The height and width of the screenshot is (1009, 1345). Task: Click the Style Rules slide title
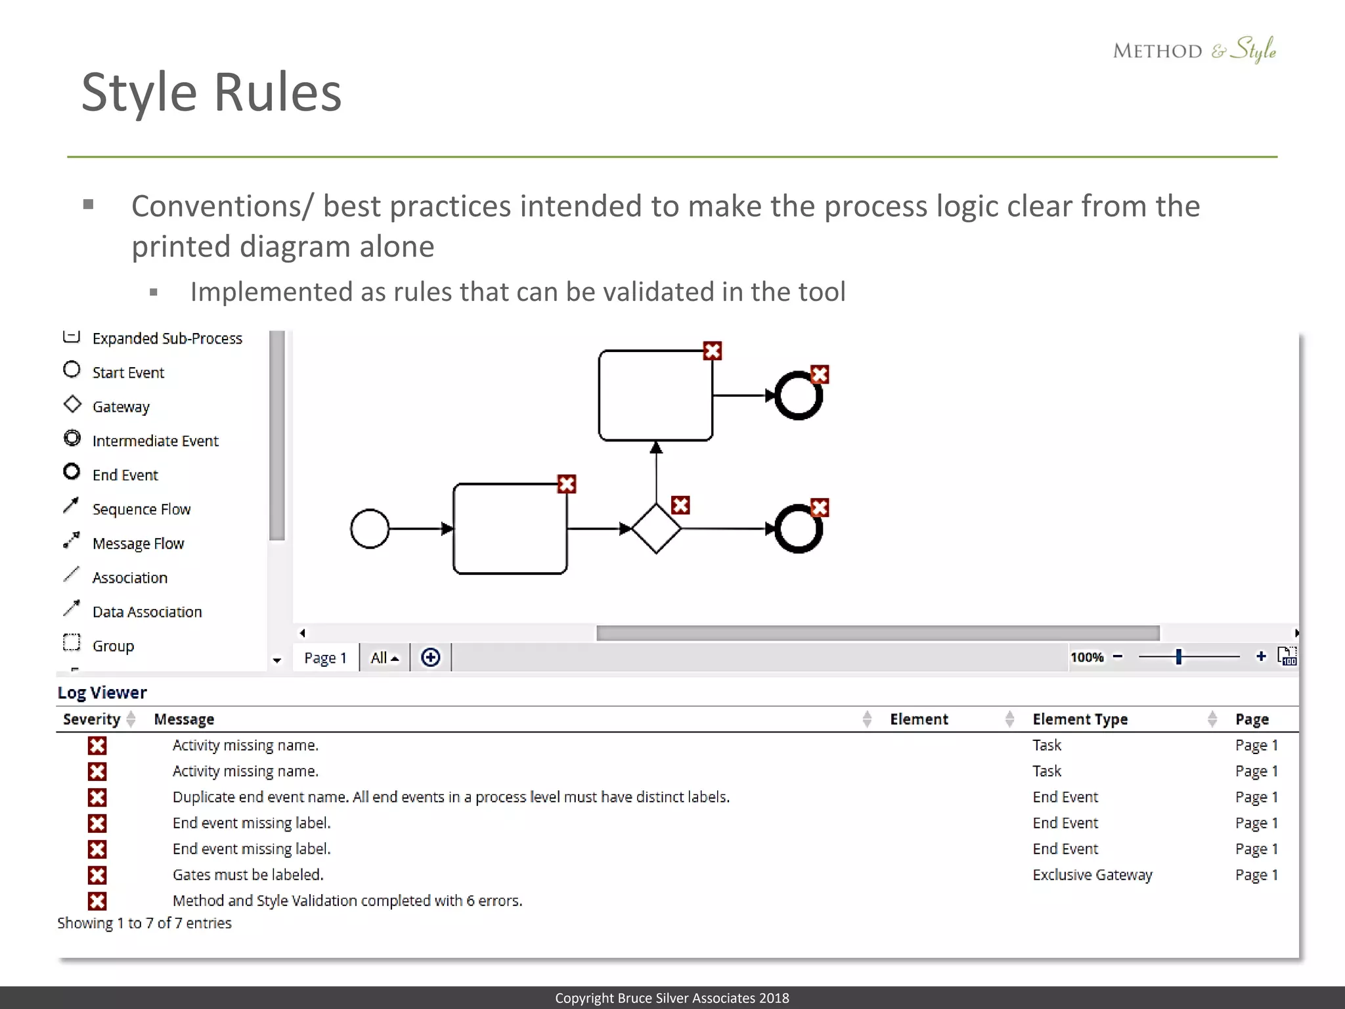(x=211, y=93)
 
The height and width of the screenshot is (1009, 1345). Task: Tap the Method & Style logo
(x=1194, y=50)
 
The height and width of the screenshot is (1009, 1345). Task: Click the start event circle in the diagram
(x=370, y=529)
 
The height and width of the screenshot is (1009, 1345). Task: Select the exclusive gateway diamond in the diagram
(x=656, y=529)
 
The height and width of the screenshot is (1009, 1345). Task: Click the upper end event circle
(x=799, y=396)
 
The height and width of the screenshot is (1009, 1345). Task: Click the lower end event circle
(x=799, y=529)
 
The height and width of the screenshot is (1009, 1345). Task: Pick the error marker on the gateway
(x=680, y=505)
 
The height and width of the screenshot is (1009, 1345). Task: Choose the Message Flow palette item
(x=138, y=544)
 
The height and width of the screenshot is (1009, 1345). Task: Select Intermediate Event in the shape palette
(x=155, y=441)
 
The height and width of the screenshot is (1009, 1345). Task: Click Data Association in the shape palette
(x=147, y=612)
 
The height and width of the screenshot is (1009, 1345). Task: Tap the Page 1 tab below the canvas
(x=325, y=658)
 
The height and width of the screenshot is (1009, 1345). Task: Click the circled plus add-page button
(x=431, y=658)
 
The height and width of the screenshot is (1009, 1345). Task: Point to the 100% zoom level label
(x=1087, y=657)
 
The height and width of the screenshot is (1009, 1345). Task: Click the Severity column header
(x=92, y=719)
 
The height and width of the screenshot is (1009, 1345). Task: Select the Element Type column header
(x=1080, y=719)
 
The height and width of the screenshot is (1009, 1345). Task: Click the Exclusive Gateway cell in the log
(x=1092, y=875)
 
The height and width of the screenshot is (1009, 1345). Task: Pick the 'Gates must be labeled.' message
(x=248, y=875)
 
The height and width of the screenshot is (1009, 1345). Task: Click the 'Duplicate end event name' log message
(x=451, y=797)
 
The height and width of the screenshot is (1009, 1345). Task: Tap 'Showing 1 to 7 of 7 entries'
(x=144, y=923)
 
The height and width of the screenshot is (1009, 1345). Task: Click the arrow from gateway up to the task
(x=656, y=473)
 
